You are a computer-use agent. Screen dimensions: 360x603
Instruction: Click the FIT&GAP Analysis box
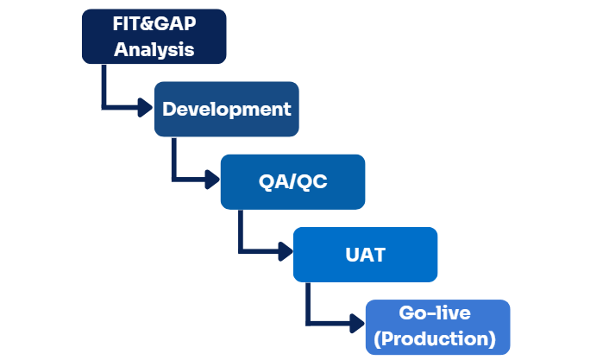[x=154, y=36]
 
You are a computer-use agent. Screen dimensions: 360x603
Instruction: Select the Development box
[x=226, y=109]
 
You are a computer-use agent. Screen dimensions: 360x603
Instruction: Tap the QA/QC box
[x=292, y=181]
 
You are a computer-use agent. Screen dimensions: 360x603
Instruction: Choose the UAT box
[x=365, y=255]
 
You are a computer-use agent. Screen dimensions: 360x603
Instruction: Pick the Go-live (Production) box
[x=437, y=326]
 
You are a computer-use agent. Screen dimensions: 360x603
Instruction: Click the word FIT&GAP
[x=154, y=23]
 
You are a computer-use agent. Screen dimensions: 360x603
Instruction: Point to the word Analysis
[x=154, y=49]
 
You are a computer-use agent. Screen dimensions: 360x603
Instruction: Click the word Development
[x=226, y=110]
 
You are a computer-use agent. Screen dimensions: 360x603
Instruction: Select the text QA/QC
[x=292, y=182]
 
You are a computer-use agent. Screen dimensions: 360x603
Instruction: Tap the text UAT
[x=365, y=256]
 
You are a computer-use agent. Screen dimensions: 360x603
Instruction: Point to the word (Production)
[x=437, y=339]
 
